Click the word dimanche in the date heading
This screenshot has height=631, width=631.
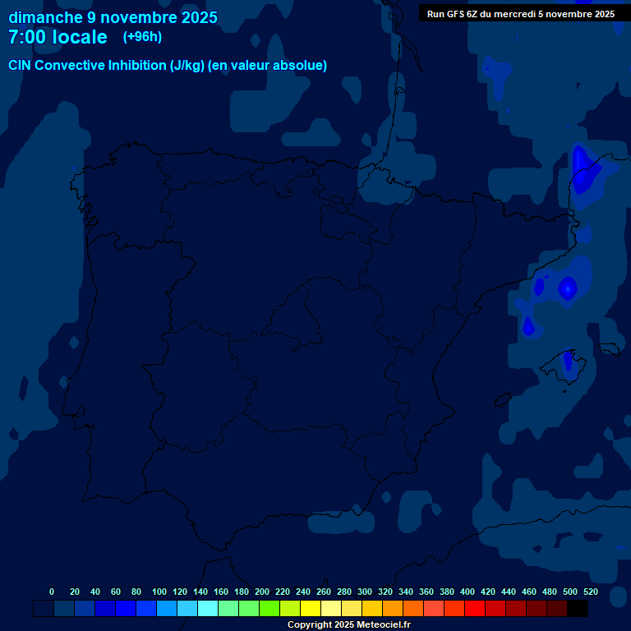(45, 17)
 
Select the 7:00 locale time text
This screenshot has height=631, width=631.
(58, 37)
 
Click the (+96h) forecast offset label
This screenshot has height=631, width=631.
(142, 36)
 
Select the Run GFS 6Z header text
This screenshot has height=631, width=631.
(457, 14)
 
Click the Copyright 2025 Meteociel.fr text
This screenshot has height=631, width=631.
(348, 625)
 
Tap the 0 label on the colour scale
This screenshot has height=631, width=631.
(52, 592)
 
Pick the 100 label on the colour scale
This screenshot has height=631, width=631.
(159, 592)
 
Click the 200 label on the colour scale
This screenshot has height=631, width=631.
(262, 592)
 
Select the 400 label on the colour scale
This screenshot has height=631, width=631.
(467, 592)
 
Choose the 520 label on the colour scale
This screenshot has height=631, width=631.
(590, 592)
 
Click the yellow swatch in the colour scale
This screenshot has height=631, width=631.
(311, 609)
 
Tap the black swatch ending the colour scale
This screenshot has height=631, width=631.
(578, 609)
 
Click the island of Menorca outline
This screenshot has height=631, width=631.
(609, 348)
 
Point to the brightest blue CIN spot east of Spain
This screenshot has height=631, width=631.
(568, 288)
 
